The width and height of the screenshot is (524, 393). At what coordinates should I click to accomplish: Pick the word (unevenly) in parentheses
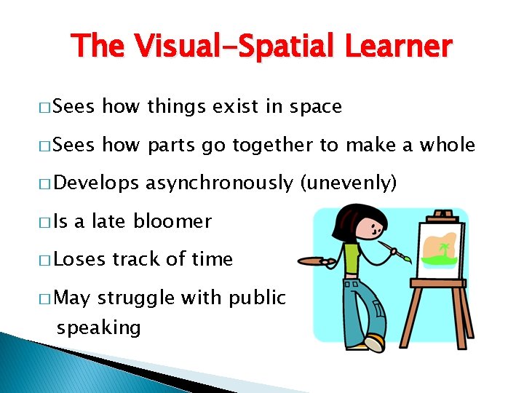tap(349, 183)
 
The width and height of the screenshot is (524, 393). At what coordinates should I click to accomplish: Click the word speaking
tap(98, 327)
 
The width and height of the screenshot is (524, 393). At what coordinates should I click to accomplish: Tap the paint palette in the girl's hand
tap(317, 260)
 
